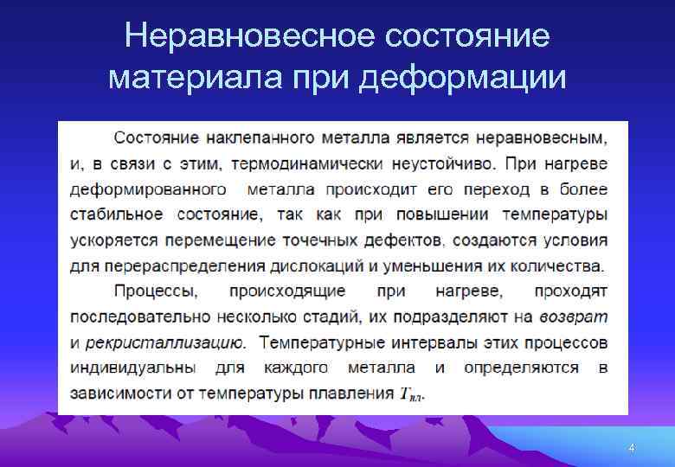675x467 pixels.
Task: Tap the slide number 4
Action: click(x=631, y=448)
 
